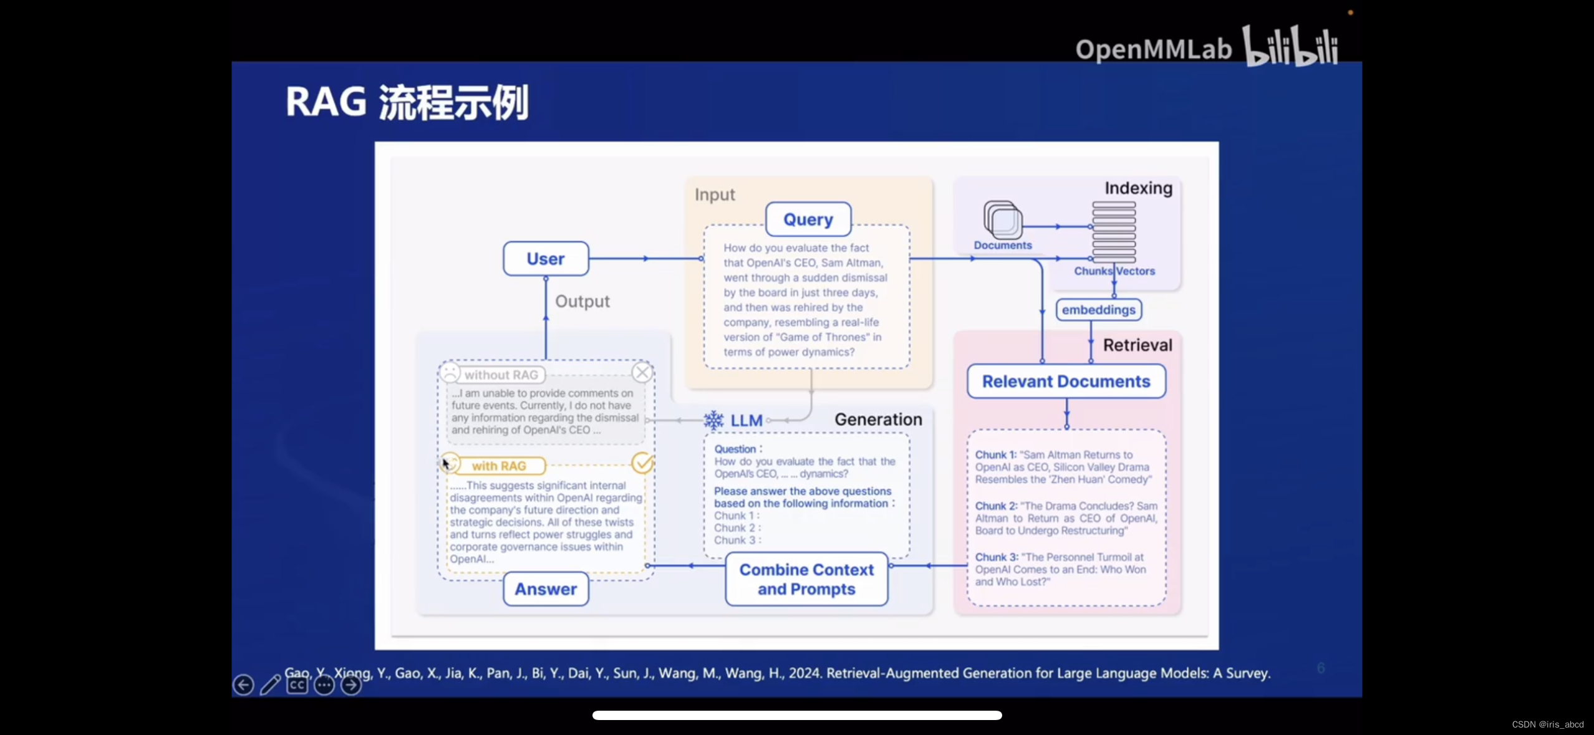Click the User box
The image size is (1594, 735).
coord(546,259)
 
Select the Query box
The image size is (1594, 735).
coord(808,219)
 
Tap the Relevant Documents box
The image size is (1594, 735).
coord(1066,382)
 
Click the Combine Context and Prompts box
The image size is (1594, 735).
coord(806,579)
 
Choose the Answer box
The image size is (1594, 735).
coord(546,589)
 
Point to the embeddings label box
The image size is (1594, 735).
coord(1098,310)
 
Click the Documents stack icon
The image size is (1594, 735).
coord(1003,220)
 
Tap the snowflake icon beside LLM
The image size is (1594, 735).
coord(713,420)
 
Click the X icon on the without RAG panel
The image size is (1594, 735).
coord(642,373)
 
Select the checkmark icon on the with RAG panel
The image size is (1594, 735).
coord(642,463)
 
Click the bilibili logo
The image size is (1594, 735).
coord(1290,46)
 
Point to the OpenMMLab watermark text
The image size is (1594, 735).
coord(1153,49)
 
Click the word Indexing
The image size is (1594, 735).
coord(1138,188)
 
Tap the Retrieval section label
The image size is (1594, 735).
coord(1137,345)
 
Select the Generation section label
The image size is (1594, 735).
coord(878,420)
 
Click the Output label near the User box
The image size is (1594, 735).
coord(582,302)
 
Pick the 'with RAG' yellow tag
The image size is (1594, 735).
coord(499,466)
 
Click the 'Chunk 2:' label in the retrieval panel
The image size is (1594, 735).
coord(996,506)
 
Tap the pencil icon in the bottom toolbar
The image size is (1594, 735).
coord(270,685)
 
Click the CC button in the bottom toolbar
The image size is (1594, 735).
coord(297,685)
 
